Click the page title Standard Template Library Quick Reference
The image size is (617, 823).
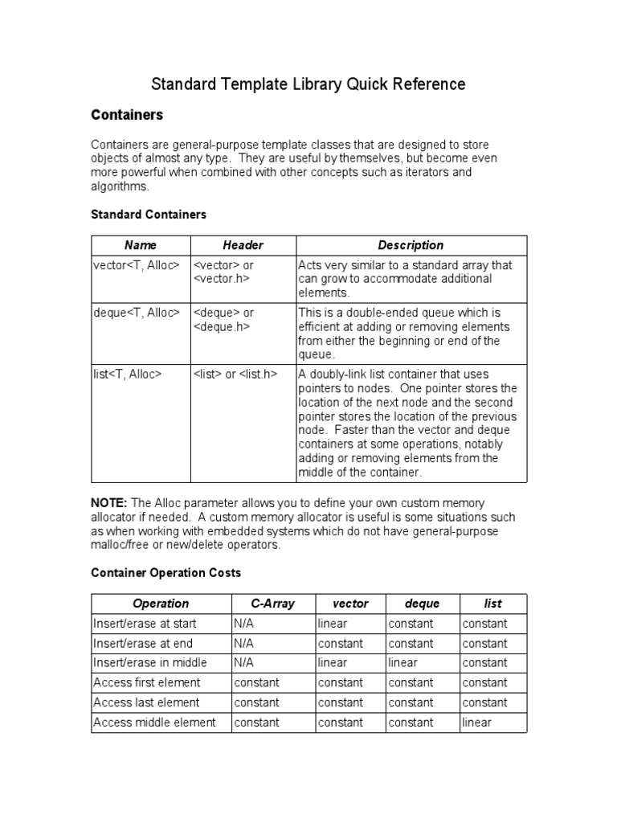pyautogui.click(x=308, y=84)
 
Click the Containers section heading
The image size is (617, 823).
pyautogui.click(x=126, y=115)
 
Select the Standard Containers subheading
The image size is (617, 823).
pyautogui.click(x=149, y=215)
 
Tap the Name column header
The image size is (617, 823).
pyautogui.click(x=141, y=245)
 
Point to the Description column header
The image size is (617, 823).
pyautogui.click(x=411, y=245)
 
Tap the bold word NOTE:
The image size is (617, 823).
pyautogui.click(x=109, y=502)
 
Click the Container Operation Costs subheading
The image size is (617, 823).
pyautogui.click(x=165, y=573)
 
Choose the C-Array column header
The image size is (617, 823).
pyautogui.click(x=272, y=604)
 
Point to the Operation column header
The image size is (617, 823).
pyautogui.click(x=161, y=604)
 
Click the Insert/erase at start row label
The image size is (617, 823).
pyautogui.click(x=145, y=624)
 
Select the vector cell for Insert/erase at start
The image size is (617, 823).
pyautogui.click(x=333, y=624)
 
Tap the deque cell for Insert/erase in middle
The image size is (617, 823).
pyautogui.click(x=402, y=663)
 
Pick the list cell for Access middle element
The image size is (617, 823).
pyautogui.click(x=476, y=723)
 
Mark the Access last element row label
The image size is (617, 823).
pyautogui.click(x=147, y=702)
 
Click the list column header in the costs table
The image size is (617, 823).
pyautogui.click(x=492, y=604)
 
